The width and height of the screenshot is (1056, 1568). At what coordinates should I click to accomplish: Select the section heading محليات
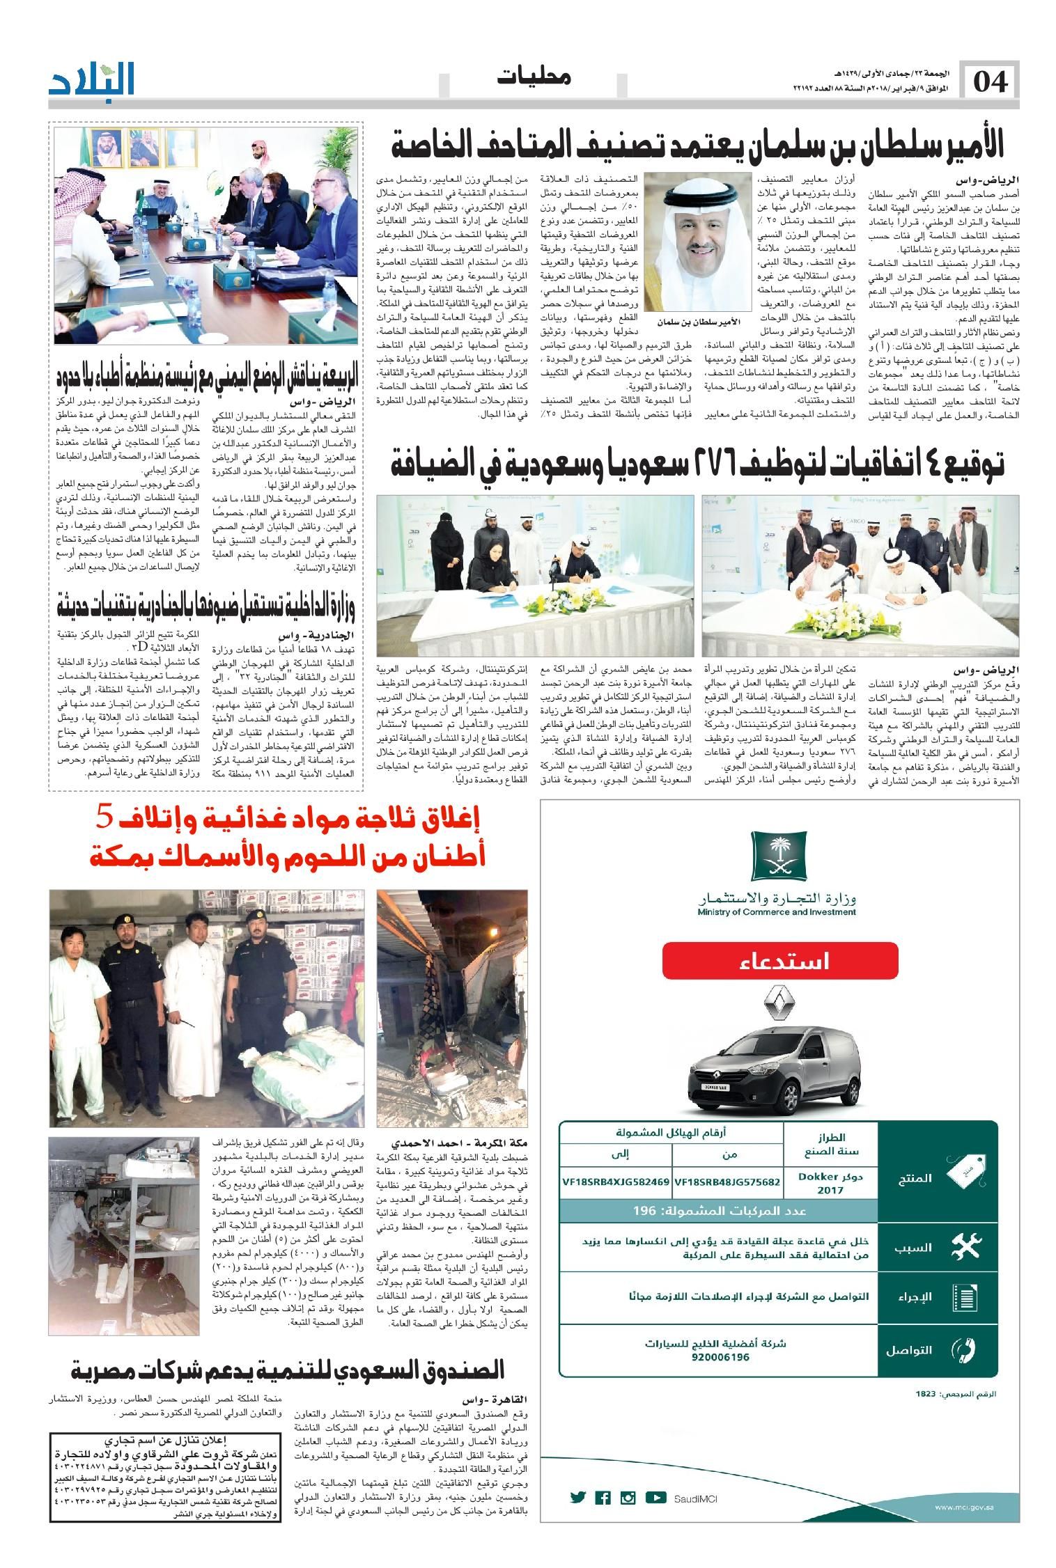point(534,77)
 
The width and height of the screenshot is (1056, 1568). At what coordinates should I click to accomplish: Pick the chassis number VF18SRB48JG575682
point(727,1182)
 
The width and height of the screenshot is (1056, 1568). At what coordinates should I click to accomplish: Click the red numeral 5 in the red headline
point(102,817)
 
